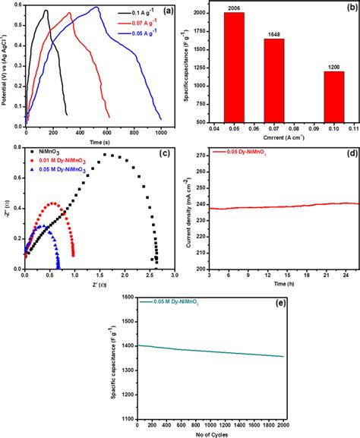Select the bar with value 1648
click(x=277, y=80)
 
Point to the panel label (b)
click(x=345, y=10)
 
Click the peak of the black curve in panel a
click(x=46, y=11)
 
